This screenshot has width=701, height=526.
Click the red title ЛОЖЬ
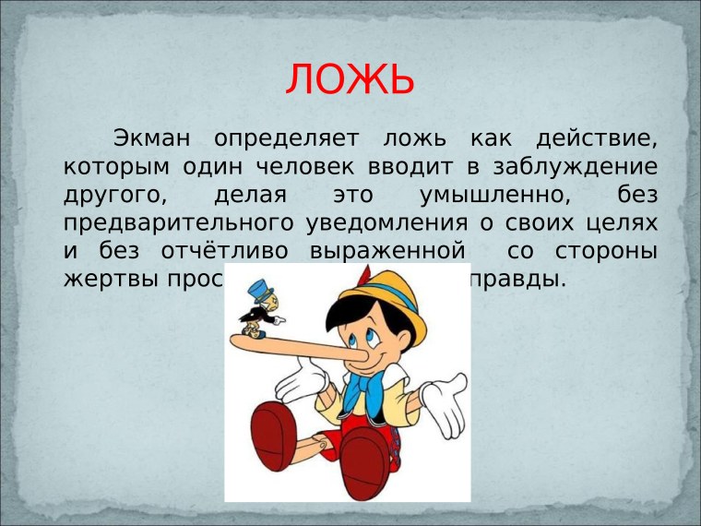[x=350, y=79]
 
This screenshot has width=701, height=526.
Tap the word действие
[x=596, y=140]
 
